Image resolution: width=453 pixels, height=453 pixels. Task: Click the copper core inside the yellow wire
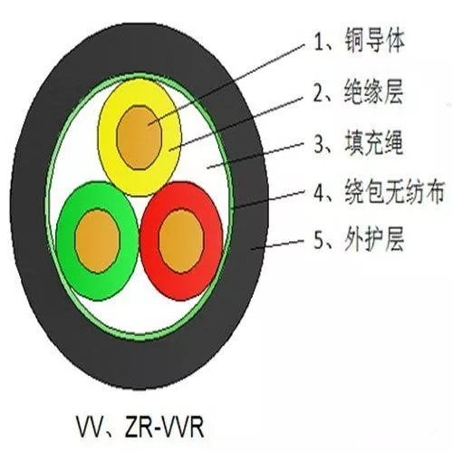[x=140, y=138]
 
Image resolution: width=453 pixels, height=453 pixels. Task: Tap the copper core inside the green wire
[x=97, y=241]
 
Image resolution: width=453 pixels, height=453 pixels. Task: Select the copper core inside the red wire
[x=181, y=241]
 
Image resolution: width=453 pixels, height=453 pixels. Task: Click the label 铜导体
[x=374, y=41]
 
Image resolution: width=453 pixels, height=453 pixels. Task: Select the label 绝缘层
[x=373, y=92]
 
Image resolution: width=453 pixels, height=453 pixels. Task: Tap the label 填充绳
[x=374, y=143]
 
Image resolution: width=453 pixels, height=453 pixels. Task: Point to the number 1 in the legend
[x=319, y=42]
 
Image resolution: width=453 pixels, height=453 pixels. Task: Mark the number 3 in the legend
[x=320, y=144]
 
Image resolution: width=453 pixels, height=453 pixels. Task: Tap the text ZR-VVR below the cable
[x=165, y=427]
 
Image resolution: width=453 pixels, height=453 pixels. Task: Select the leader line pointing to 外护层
[x=277, y=245]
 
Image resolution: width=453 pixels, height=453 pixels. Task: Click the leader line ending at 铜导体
[x=226, y=85]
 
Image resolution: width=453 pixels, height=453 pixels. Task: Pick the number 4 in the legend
[x=320, y=192]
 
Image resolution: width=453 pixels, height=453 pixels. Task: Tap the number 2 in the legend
[x=319, y=92]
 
